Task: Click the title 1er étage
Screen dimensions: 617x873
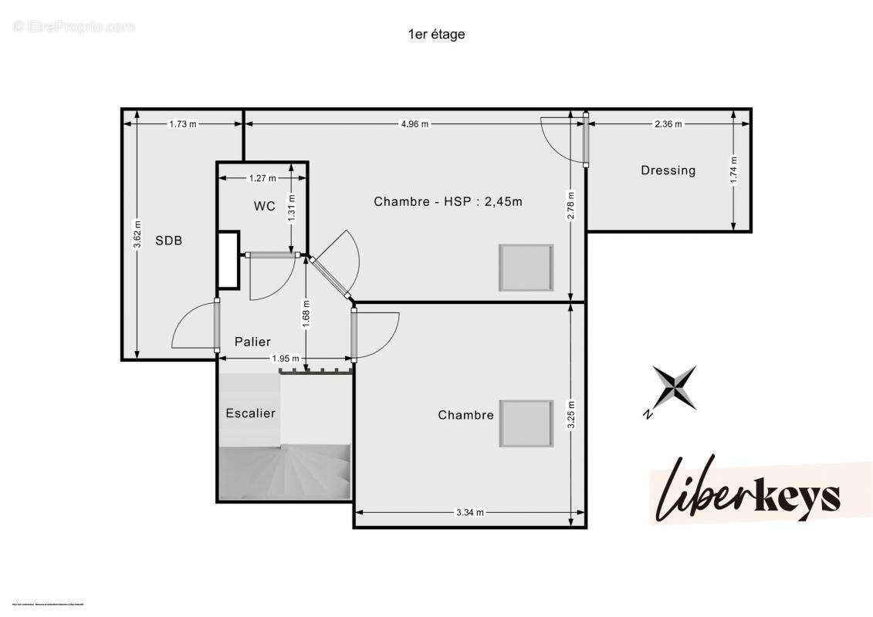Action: click(x=436, y=34)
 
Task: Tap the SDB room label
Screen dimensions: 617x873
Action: click(x=168, y=240)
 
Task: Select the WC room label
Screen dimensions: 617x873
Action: click(x=265, y=206)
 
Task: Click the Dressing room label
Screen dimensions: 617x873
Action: click(x=668, y=170)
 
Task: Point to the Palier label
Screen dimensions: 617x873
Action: click(x=252, y=342)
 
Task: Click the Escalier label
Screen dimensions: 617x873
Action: click(x=250, y=413)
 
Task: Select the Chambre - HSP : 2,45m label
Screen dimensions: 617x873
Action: click(x=448, y=201)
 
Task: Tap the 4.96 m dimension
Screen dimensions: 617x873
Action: click(x=415, y=124)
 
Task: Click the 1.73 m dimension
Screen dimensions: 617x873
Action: click(x=182, y=124)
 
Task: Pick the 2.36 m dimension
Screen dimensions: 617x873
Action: click(x=668, y=124)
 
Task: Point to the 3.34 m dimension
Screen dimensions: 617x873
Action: click(x=469, y=512)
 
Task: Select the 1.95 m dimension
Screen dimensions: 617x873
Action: click(x=285, y=358)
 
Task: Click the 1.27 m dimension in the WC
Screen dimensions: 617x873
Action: click(x=262, y=178)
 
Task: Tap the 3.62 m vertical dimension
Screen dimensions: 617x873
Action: click(x=137, y=234)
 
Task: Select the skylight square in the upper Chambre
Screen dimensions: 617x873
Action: click(x=526, y=268)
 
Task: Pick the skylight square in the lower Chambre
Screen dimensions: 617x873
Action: click(x=526, y=423)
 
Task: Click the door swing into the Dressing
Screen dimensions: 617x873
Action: click(x=561, y=139)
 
